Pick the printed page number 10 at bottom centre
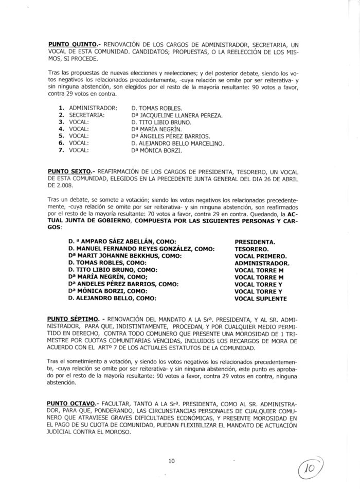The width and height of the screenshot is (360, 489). [x=172, y=461]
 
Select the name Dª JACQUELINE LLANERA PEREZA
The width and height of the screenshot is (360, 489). [x=177, y=116]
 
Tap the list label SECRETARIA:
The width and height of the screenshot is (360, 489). [x=87, y=116]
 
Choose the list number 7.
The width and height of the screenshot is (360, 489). [x=61, y=151]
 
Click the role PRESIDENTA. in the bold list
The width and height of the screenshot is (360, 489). [x=255, y=241]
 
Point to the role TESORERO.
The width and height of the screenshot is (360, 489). [x=252, y=249]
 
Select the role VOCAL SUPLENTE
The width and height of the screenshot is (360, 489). [x=261, y=299]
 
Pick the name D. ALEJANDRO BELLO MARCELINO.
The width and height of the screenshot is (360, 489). [x=177, y=144]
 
